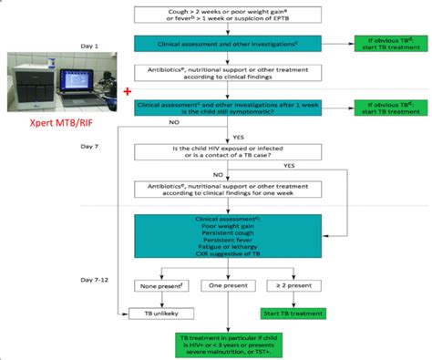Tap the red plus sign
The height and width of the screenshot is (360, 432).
(127, 91)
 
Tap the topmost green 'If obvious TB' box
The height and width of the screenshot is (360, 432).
(388, 44)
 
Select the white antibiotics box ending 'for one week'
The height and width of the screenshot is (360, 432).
(235, 189)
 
